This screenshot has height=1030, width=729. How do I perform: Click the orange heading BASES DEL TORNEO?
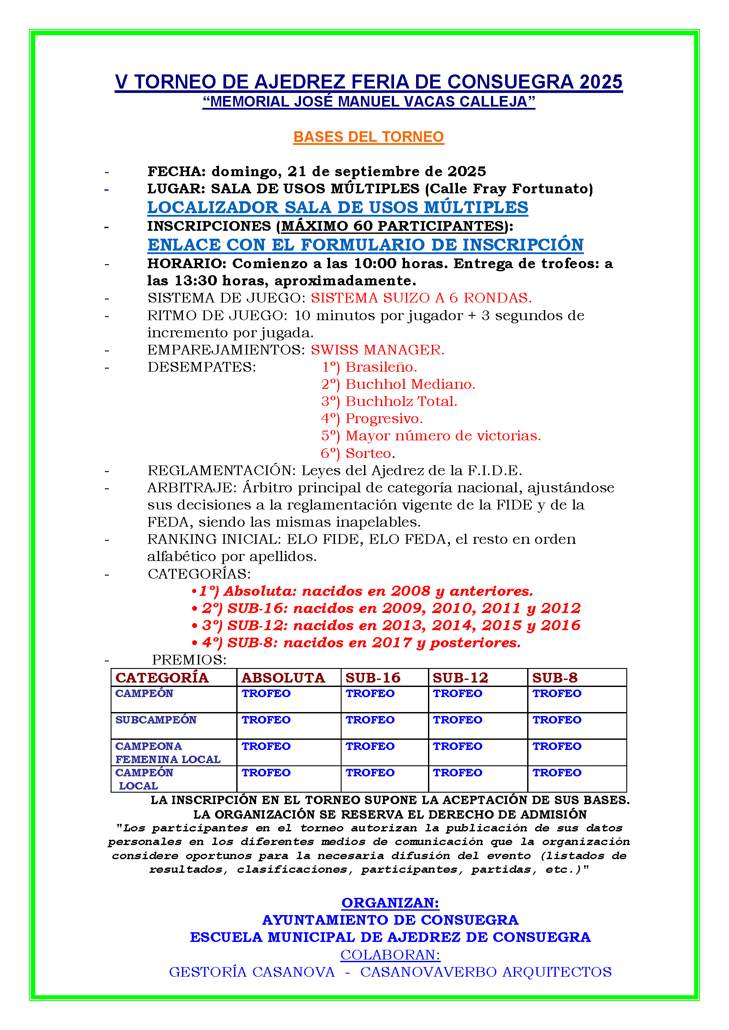pos(368,137)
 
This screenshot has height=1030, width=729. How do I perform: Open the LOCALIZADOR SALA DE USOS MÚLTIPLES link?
pos(338,207)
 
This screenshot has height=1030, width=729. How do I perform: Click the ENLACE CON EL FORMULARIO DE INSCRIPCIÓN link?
pos(365,245)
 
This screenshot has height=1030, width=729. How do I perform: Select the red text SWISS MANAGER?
pos(378,350)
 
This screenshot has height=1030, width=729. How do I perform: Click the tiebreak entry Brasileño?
pos(381,367)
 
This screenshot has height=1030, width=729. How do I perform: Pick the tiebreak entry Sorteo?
pos(370,453)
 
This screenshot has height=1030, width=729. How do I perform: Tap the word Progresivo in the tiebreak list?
pos(384,418)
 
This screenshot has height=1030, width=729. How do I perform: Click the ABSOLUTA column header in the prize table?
pos(283,677)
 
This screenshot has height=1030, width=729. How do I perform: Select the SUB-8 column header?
pos(555,677)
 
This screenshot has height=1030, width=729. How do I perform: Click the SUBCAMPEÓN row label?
pos(156,720)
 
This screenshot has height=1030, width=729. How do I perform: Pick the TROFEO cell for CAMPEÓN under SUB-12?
pos(457,694)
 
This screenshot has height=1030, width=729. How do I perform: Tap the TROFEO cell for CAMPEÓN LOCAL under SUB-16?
pos(370,772)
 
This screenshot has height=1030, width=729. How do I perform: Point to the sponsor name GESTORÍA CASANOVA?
pos(252,972)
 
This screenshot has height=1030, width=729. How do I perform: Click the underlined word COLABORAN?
pos(390,955)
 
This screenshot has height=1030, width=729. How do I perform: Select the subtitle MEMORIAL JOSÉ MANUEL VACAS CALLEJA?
pos(368,102)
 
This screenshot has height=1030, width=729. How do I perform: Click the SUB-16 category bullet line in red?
pos(390,608)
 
